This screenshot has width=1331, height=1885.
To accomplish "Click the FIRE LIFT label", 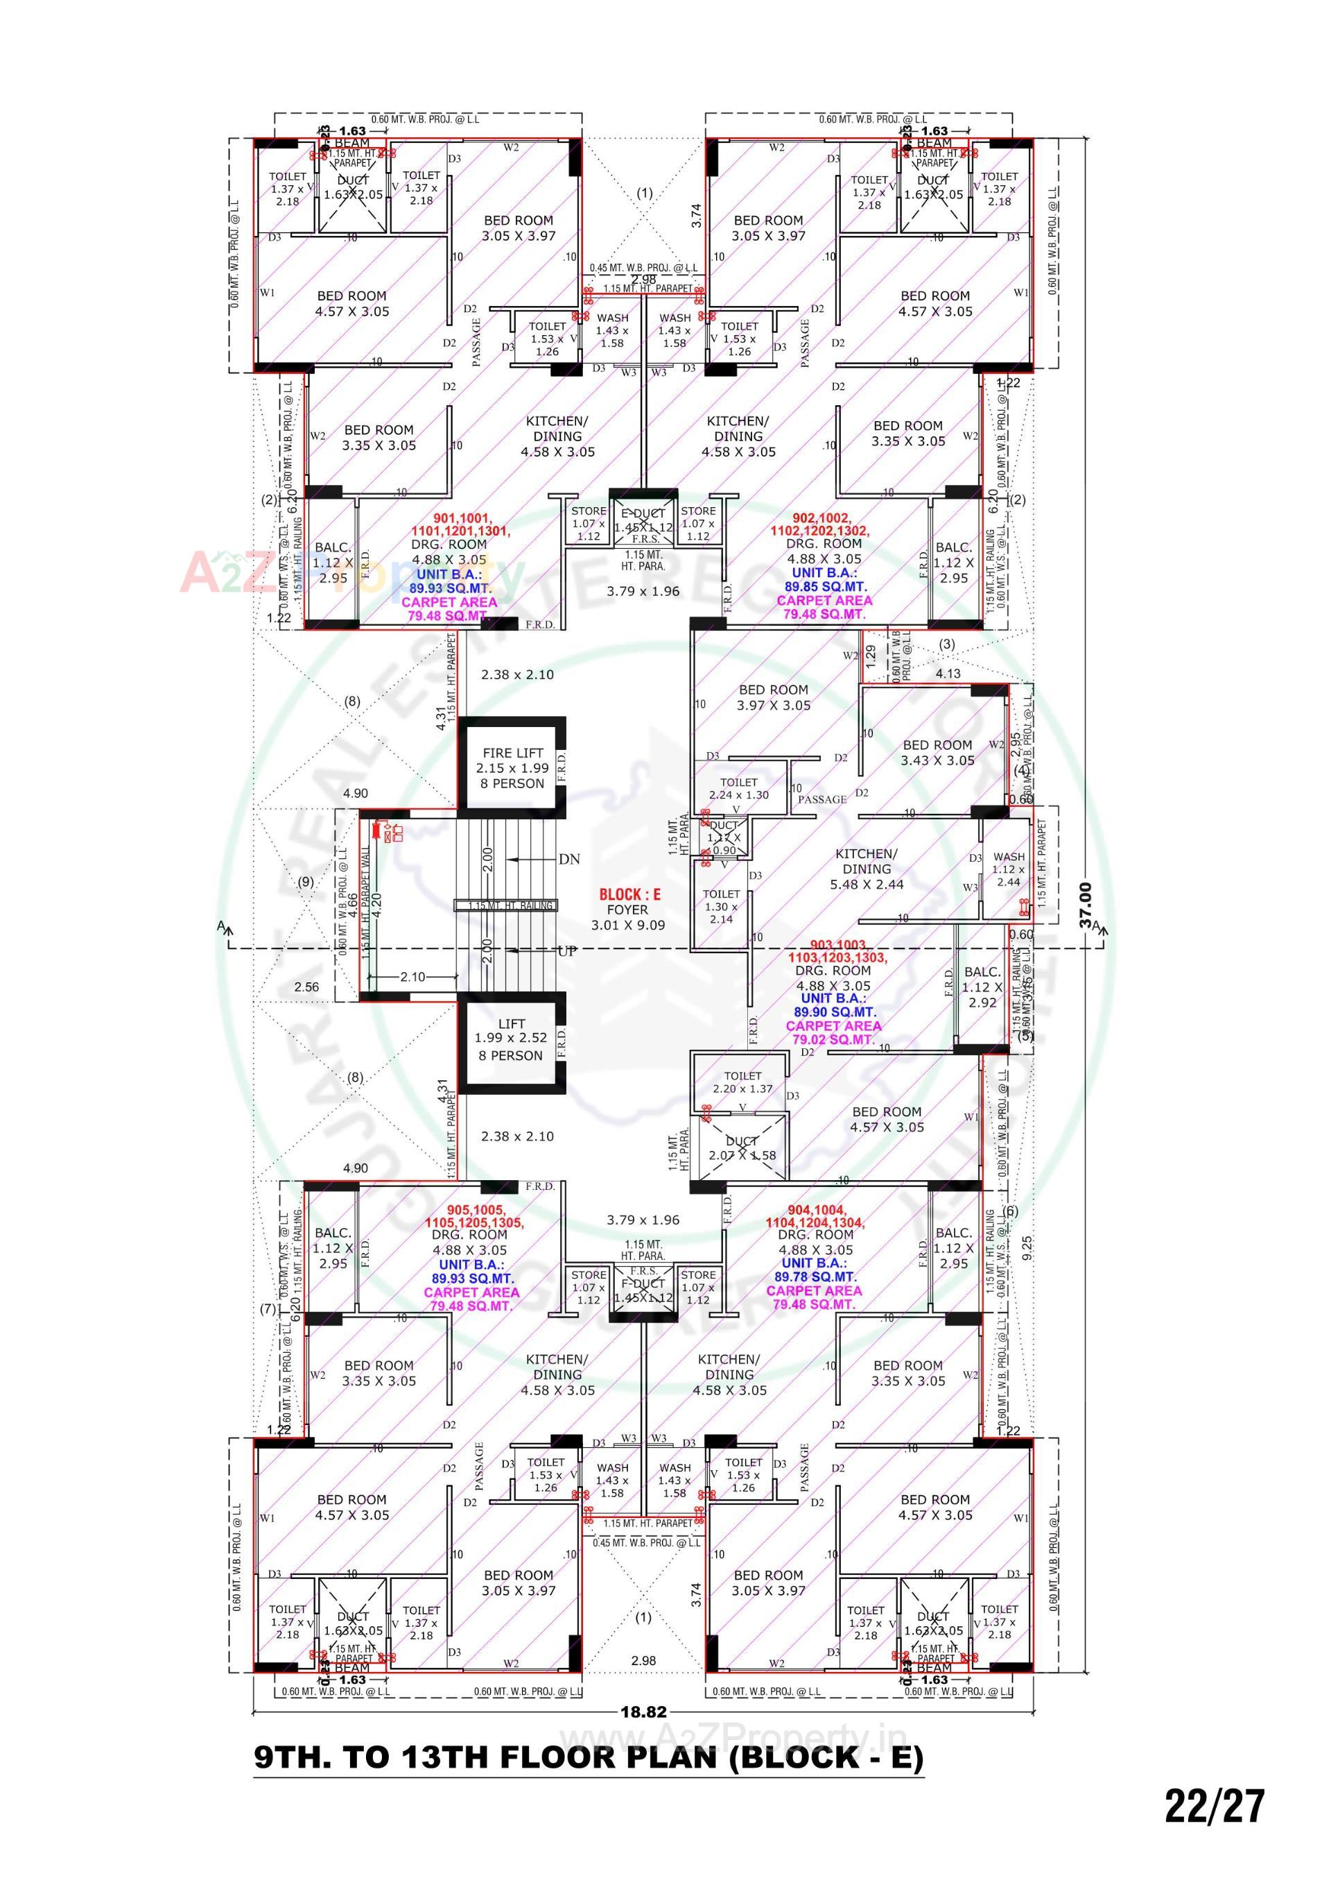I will click(x=512, y=752).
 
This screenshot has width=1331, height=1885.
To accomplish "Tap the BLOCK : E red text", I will click(x=629, y=894).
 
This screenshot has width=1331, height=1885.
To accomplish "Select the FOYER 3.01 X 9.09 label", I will click(x=628, y=917).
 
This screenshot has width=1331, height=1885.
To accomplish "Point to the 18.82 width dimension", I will click(x=643, y=1712).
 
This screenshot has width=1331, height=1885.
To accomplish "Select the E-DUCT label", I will click(x=643, y=514).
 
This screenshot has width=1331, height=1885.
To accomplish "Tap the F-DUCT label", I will click(x=643, y=1283).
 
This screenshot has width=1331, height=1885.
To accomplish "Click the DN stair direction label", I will click(x=568, y=859).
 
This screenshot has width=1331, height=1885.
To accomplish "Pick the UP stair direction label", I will click(x=566, y=952).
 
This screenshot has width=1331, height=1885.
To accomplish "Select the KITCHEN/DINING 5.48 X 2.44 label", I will click(x=866, y=869).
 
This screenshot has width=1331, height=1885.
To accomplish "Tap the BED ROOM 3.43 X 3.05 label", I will click(x=937, y=752).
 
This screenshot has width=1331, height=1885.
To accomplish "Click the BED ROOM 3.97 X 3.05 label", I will click(x=773, y=697).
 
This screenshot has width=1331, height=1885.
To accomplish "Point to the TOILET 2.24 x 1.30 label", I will click(x=738, y=788).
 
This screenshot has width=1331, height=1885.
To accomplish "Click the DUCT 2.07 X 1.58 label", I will click(x=741, y=1148).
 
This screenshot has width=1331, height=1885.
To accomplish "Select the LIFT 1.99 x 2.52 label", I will click(x=510, y=1039).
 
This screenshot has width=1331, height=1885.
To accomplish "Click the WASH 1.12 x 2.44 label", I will click(x=1008, y=869).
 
